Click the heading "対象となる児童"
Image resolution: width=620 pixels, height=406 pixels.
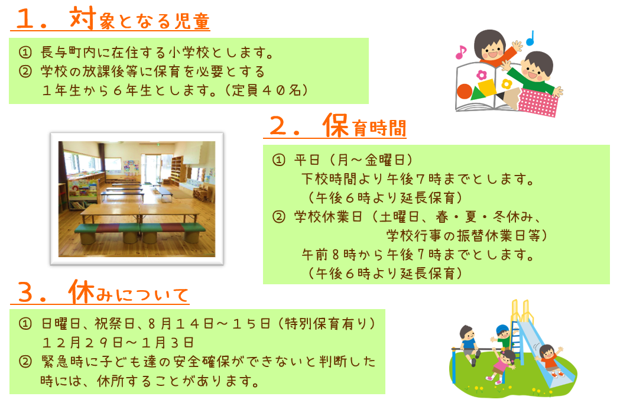pyautogui.click(x=139, y=19)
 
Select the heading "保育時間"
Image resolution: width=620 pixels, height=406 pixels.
pyautogui.click(x=364, y=126)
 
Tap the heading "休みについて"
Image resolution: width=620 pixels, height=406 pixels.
pyautogui.click(x=128, y=292)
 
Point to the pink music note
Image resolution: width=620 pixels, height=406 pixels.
pyautogui.click(x=460, y=52)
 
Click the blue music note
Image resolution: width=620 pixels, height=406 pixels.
pyautogui.click(x=530, y=38)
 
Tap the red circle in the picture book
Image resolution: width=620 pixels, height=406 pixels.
pyautogui.click(x=464, y=92)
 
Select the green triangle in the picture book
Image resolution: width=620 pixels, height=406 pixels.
pyautogui.click(x=478, y=94)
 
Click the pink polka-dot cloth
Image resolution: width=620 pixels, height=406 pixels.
pyautogui.click(x=538, y=102)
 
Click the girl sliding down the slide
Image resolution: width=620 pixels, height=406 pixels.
pyautogui.click(x=550, y=360)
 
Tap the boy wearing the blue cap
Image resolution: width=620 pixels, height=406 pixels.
pyautogui.click(x=502, y=337)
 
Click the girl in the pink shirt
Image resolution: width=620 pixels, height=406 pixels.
pyautogui.click(x=501, y=366)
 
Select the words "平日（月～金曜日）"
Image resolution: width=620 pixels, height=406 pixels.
pyautogui.click(x=353, y=160)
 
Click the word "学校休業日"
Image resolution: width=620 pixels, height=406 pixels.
pyautogui.click(x=328, y=217)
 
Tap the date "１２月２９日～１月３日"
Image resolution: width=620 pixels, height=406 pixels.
pyautogui.click(x=118, y=342)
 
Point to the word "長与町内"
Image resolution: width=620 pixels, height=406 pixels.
pyautogui.click(x=69, y=52)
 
